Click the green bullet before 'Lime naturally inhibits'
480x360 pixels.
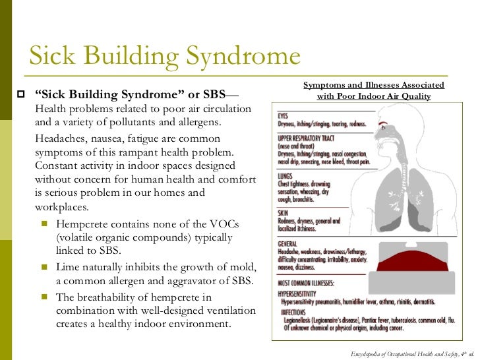[45, 268]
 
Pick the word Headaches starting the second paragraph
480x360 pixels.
[58, 138]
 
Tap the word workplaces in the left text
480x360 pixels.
[61, 206]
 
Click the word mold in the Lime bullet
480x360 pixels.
[217, 268]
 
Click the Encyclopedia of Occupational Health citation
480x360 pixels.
[413, 353]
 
